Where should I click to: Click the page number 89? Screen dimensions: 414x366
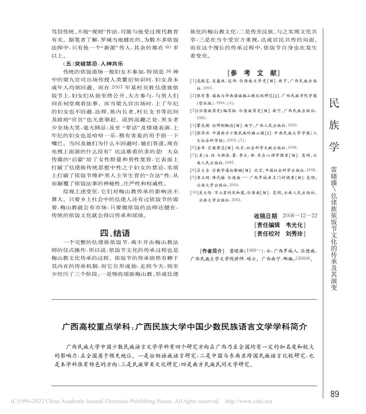tap(335, 394)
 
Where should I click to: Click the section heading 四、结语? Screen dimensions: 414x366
tap(115, 233)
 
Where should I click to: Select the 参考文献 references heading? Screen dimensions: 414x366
tap(253, 73)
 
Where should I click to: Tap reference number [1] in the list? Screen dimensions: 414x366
tap(193, 81)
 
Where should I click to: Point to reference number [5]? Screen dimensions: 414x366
tap(193, 133)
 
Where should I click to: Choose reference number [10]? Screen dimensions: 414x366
tap(194, 193)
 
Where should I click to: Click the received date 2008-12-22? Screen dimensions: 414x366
tap(300, 216)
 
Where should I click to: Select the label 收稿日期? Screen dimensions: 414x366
tap(266, 216)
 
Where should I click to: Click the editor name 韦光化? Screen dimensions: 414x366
tap(294, 225)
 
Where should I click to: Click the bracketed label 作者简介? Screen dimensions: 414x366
tap(212, 251)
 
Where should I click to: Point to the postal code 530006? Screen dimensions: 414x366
tap(305, 258)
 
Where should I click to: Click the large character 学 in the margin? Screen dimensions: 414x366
tap(334, 146)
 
